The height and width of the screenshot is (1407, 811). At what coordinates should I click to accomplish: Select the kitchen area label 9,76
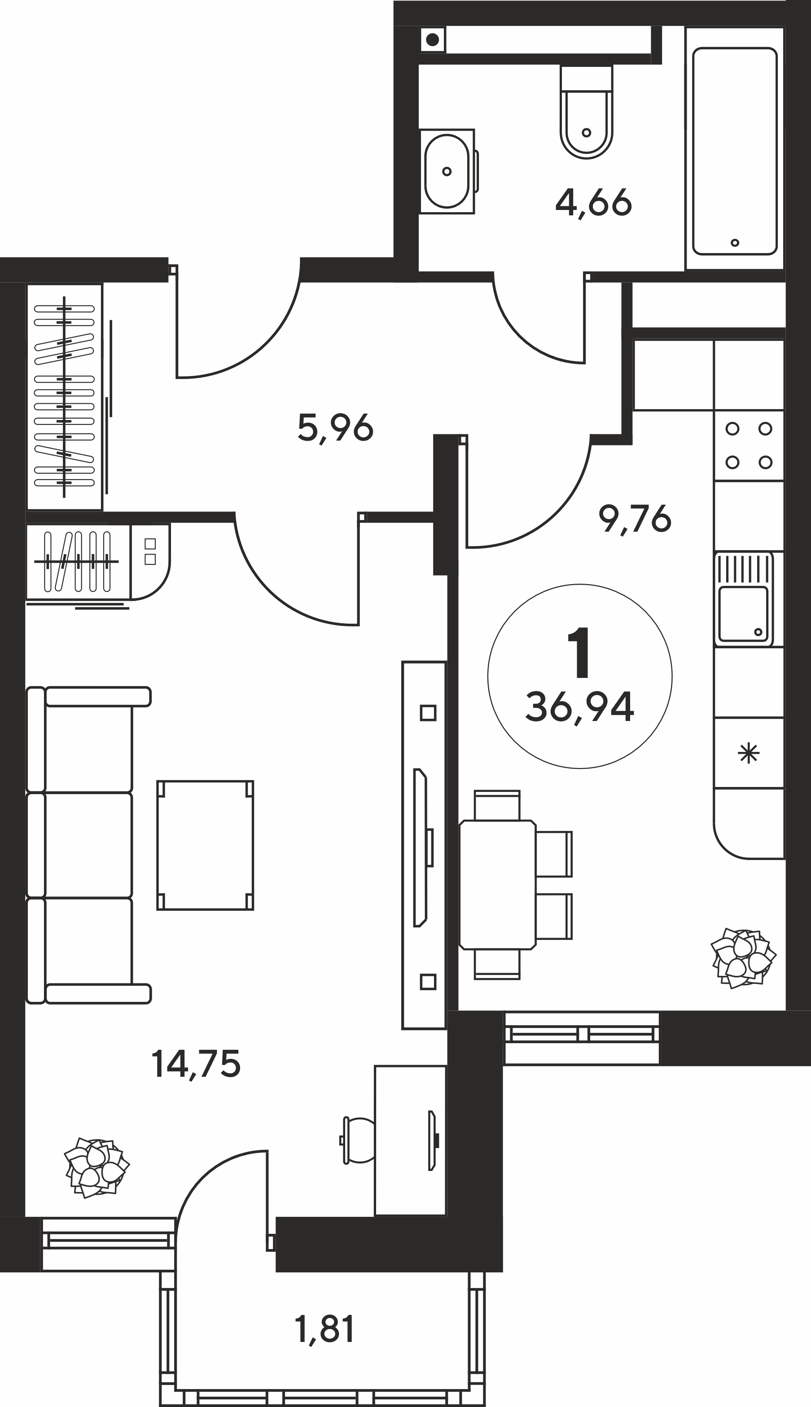click(635, 520)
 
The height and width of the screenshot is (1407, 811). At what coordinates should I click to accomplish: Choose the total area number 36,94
click(580, 707)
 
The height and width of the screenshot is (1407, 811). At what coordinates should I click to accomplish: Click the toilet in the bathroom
click(587, 111)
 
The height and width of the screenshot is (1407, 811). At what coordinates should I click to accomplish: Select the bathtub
click(735, 151)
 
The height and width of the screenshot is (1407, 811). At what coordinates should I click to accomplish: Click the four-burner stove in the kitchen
click(749, 446)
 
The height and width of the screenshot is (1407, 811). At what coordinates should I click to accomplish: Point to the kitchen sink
click(744, 599)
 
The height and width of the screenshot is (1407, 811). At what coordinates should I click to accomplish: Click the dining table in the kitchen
click(497, 884)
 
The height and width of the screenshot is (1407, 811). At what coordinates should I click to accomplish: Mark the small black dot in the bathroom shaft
click(434, 40)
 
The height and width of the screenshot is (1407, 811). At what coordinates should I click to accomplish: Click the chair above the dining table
click(497, 805)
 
